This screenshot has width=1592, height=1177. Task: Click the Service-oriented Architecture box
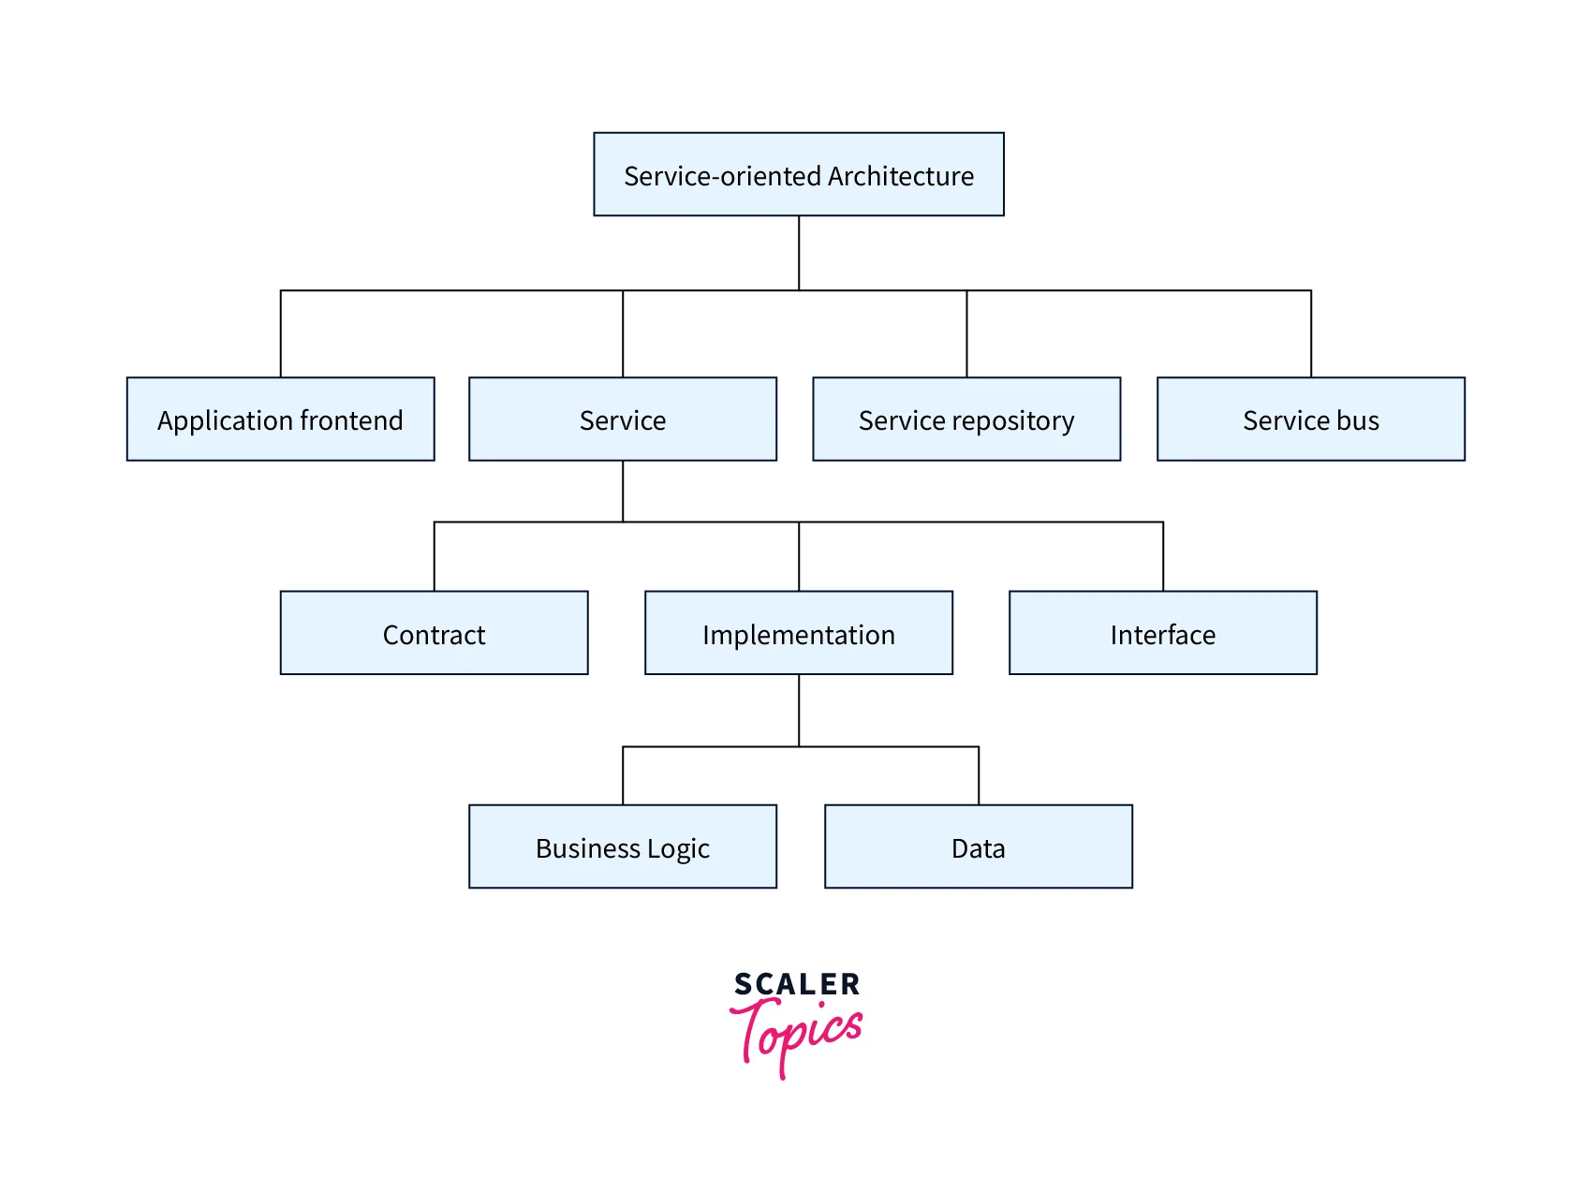(x=798, y=174)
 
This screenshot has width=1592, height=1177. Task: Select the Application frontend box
(x=280, y=419)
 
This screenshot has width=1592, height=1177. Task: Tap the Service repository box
(x=966, y=419)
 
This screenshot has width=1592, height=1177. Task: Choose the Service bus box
(x=1310, y=419)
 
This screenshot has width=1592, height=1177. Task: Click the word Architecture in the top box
(x=900, y=176)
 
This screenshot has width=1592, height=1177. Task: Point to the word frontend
(x=351, y=420)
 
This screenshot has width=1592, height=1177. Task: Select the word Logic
(x=678, y=848)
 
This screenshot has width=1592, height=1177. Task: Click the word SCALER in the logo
(x=797, y=984)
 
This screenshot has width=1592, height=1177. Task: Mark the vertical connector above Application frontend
(x=281, y=334)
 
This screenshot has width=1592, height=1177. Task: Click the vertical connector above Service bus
(x=1311, y=334)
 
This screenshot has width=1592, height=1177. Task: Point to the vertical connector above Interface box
(x=1163, y=556)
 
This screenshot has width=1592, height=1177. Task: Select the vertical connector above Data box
(x=979, y=775)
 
